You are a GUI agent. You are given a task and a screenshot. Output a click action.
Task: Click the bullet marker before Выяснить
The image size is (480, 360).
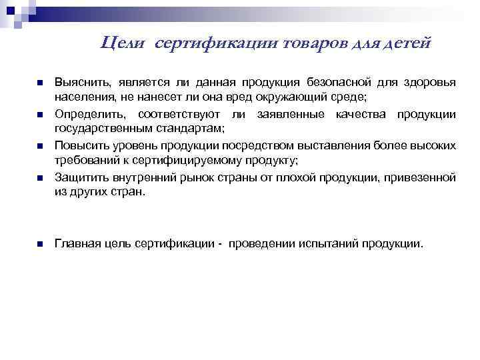coord(39,83)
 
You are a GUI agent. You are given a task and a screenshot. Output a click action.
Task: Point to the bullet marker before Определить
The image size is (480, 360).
coord(39,114)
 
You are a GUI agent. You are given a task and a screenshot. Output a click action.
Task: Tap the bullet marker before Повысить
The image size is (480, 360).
coord(39,146)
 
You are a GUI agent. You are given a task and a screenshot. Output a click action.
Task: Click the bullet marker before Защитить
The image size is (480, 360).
coord(39,178)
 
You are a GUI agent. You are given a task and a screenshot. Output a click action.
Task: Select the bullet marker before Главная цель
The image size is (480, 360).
coord(39,244)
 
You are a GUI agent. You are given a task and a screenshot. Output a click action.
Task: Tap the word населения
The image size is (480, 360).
coord(80,97)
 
